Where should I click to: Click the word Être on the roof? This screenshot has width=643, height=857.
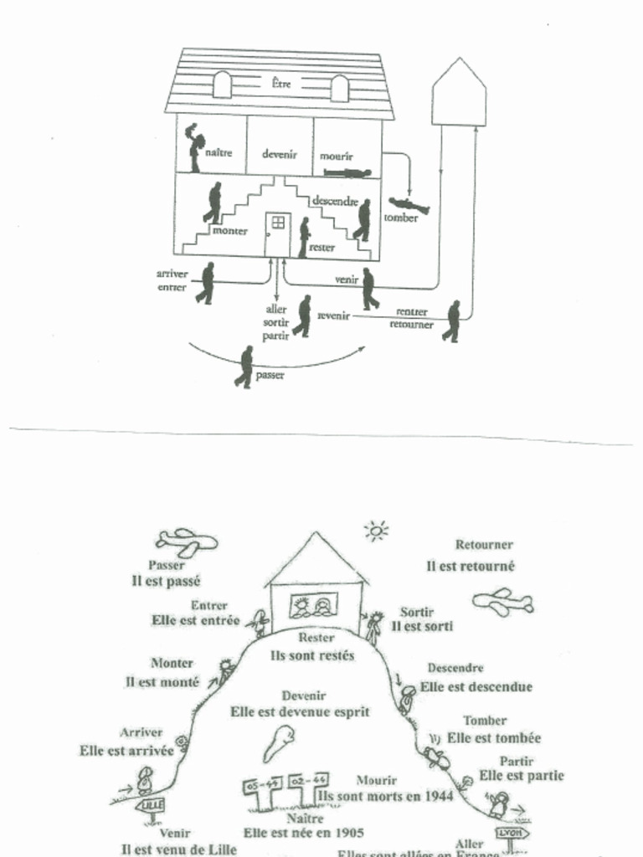[282, 83]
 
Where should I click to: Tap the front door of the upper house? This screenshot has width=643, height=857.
[276, 233]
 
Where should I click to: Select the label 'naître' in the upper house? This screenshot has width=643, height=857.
[219, 153]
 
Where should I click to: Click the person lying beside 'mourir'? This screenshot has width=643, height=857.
[347, 173]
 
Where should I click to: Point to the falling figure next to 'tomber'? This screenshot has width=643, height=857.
[409, 205]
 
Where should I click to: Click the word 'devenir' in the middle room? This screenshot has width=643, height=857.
[280, 154]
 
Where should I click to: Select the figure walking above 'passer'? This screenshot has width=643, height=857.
[245, 367]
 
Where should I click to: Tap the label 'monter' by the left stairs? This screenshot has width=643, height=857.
[229, 230]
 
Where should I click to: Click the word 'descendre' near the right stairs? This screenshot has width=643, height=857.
[335, 201]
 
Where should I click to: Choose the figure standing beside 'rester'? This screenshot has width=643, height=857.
[304, 237]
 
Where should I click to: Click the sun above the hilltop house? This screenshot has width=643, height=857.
[376, 530]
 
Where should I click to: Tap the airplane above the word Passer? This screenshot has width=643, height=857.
[187, 541]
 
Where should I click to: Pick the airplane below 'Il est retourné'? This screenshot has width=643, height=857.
[502, 601]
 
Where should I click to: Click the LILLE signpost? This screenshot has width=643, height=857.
[152, 805]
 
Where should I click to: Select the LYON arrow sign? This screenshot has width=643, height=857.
[510, 834]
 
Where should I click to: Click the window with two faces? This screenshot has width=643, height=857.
[312, 605]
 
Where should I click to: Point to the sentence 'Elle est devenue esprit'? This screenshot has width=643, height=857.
[300, 711]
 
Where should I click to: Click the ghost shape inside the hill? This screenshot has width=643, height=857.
[280, 742]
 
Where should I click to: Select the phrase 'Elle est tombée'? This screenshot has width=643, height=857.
[494, 737]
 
